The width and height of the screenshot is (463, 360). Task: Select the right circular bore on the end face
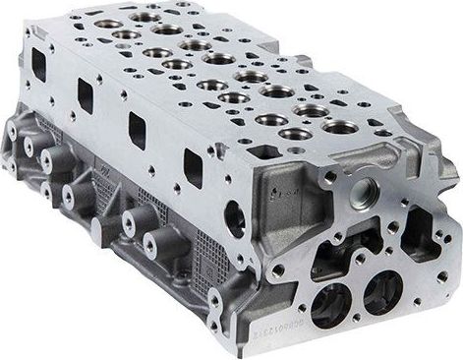pos(380,290)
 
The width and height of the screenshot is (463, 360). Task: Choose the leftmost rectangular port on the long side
pos(38,64)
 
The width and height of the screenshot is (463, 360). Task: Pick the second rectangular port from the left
pos(86,95)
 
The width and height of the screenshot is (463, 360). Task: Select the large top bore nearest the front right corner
pos(340,125)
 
